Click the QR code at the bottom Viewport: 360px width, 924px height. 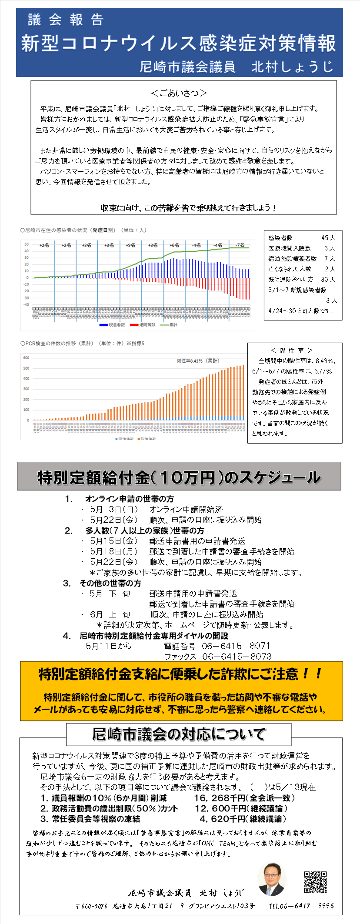315,882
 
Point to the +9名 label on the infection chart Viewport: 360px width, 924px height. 130,245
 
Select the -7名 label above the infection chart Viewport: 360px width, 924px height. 240,245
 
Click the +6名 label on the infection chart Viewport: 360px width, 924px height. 174,245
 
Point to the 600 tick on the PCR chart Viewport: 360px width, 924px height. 26,358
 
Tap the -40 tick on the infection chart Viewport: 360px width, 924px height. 26,304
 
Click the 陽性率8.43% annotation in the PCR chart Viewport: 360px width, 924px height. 198,361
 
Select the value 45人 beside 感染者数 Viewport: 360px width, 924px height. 328,238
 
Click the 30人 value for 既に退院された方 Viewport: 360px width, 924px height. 328,280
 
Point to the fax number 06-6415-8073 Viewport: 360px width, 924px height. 237,657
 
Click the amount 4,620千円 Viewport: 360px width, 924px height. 222,819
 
